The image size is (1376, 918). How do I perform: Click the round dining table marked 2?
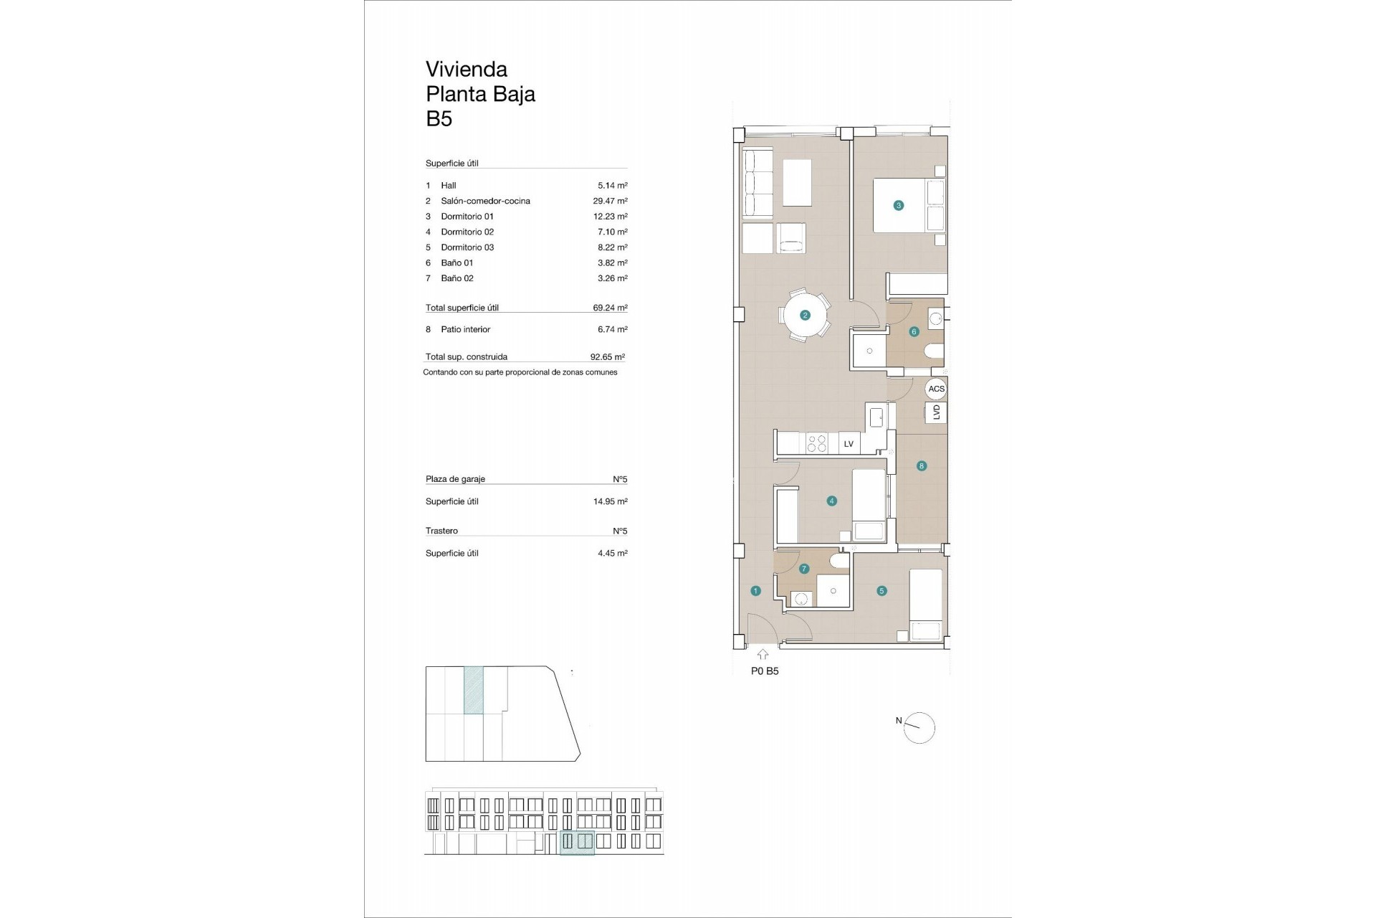point(805,315)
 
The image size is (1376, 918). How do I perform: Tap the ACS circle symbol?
point(936,389)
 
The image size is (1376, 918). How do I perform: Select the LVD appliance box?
point(936,412)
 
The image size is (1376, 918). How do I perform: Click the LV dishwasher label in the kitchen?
point(849,444)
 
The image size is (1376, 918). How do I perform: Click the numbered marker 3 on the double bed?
point(898,205)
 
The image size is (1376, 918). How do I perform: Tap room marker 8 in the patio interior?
point(922,465)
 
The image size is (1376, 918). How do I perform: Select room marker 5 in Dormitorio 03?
point(881,591)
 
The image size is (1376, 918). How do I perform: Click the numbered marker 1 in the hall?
point(755,591)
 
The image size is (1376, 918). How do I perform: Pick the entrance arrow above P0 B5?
point(763,654)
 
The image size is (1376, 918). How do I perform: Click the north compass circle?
point(920,728)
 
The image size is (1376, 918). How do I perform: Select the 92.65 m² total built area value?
point(607,356)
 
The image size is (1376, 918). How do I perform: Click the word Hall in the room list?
point(449,186)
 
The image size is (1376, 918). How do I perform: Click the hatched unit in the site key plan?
point(473,690)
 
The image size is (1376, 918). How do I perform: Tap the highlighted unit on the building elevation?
point(577,843)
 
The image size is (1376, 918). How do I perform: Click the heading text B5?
point(439,118)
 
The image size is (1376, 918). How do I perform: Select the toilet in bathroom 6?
point(935,351)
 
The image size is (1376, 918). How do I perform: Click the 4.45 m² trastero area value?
point(612,553)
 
